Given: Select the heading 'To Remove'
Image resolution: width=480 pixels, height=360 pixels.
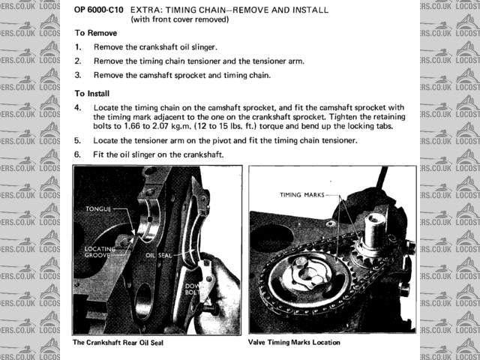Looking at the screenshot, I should [x=96, y=34].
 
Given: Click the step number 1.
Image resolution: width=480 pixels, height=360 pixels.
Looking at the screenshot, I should [x=78, y=47].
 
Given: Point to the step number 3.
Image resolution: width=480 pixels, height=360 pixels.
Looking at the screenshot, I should [x=78, y=75].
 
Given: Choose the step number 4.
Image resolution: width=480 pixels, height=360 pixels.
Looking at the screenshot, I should [x=78, y=108].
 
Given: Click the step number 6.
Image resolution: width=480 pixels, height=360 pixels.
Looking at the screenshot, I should [x=78, y=154].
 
